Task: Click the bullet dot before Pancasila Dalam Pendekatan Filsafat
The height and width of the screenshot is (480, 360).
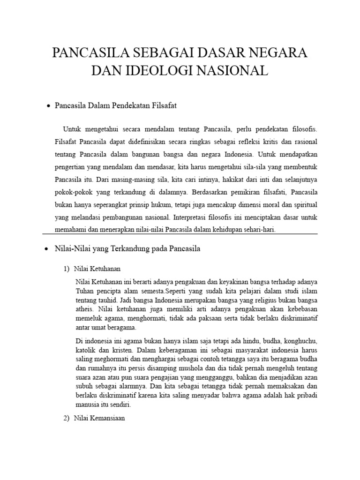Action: [x=48, y=107]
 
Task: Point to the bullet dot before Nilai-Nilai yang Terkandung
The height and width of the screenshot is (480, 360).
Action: [x=45, y=249]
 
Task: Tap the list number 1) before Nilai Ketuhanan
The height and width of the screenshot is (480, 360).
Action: [x=66, y=269]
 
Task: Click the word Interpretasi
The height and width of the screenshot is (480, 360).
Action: [x=193, y=217]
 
